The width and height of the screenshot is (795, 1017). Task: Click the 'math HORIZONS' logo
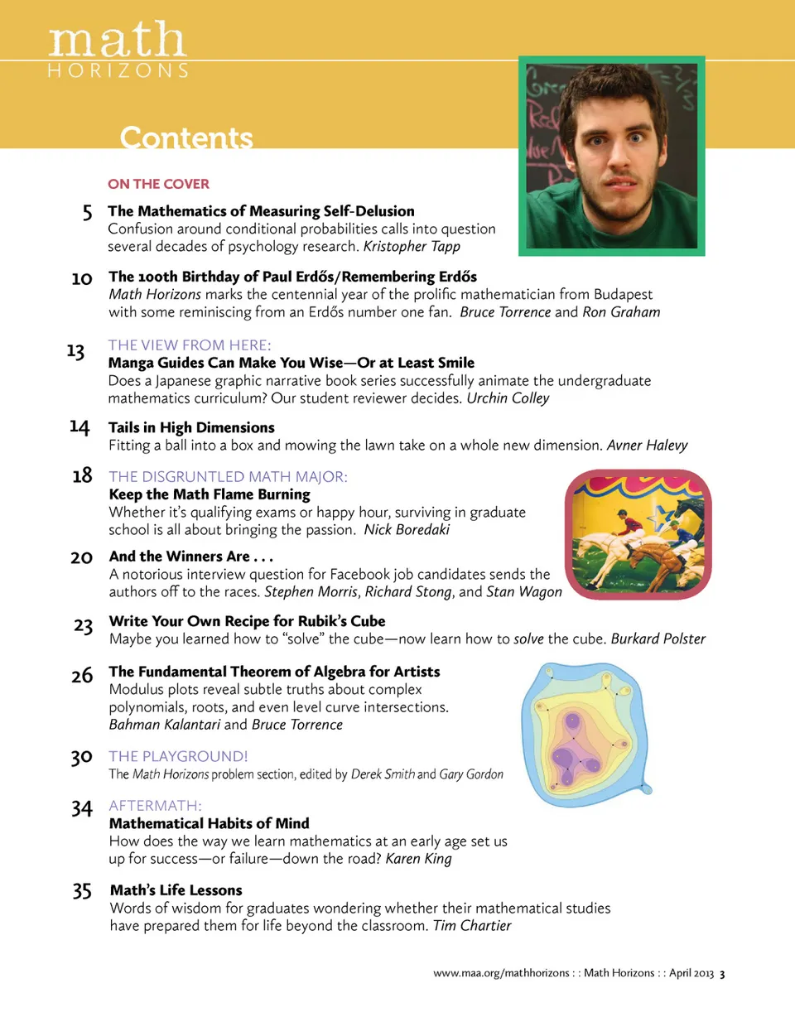tap(118, 50)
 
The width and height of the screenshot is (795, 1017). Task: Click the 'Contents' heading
tap(186, 137)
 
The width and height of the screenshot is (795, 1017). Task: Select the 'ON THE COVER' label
tap(158, 184)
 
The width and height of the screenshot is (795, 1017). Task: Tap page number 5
tap(87, 214)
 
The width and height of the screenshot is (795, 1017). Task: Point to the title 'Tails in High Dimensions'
tap(191, 427)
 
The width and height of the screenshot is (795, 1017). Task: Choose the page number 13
tap(75, 351)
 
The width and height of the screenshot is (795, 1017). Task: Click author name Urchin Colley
tap(508, 398)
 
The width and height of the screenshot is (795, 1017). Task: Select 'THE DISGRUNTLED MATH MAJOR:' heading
tap(228, 476)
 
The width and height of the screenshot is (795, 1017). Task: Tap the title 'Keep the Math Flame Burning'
tap(210, 494)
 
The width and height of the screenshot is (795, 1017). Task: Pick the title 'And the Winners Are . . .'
tap(190, 557)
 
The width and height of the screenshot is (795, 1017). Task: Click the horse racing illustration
tap(638, 534)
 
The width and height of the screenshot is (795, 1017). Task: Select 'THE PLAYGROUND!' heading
tap(178, 756)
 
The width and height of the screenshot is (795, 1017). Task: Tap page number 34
tap(81, 808)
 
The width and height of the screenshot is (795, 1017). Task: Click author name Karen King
tap(418, 858)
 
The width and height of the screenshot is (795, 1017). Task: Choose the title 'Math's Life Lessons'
tap(176, 890)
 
